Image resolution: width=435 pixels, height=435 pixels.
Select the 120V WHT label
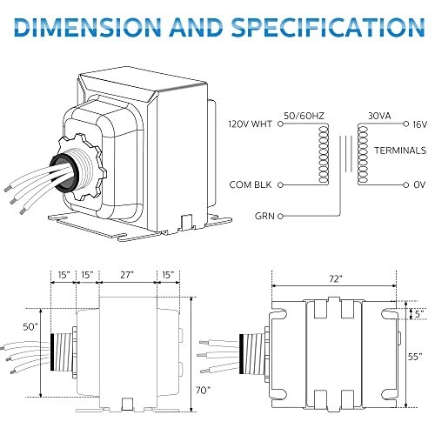coord(251,125)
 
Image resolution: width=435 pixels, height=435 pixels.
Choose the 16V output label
coord(421,125)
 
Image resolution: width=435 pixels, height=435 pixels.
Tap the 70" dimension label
coord(203,390)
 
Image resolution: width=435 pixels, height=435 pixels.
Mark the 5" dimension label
coord(419,311)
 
